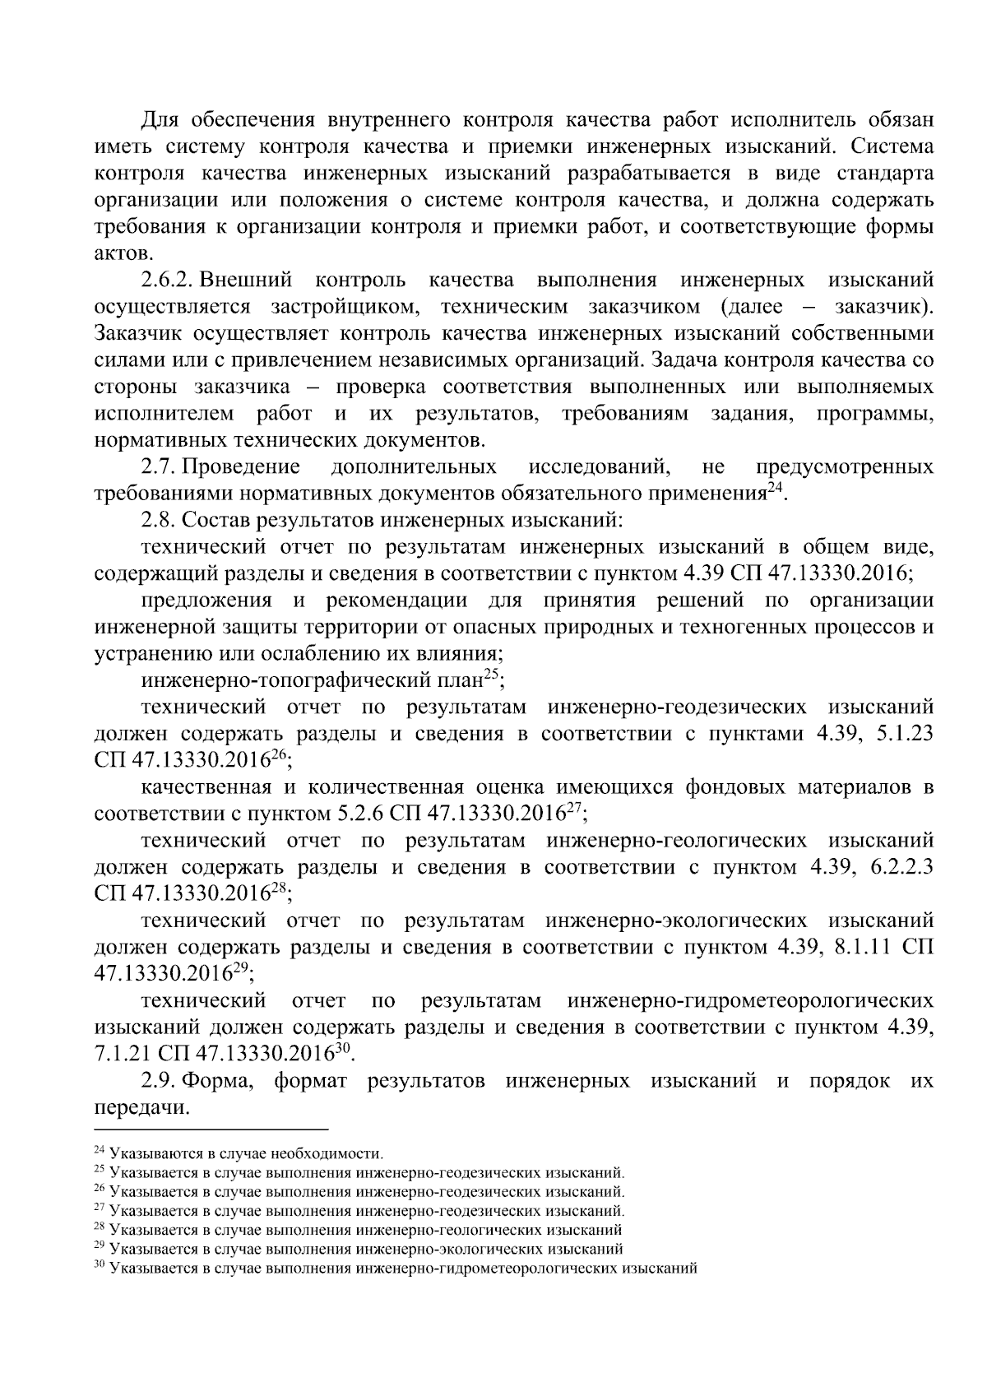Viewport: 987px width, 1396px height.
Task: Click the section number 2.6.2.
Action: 169,281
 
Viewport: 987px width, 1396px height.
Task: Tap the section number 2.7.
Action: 159,467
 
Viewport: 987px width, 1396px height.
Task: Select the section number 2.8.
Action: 159,521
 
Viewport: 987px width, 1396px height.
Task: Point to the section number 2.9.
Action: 159,1081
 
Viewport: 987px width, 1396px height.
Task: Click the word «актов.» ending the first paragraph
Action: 124,253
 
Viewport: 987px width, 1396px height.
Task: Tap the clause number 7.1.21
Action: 123,1055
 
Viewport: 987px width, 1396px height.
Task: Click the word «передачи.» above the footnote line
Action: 137,1108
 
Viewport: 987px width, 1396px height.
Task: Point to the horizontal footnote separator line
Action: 211,1130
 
